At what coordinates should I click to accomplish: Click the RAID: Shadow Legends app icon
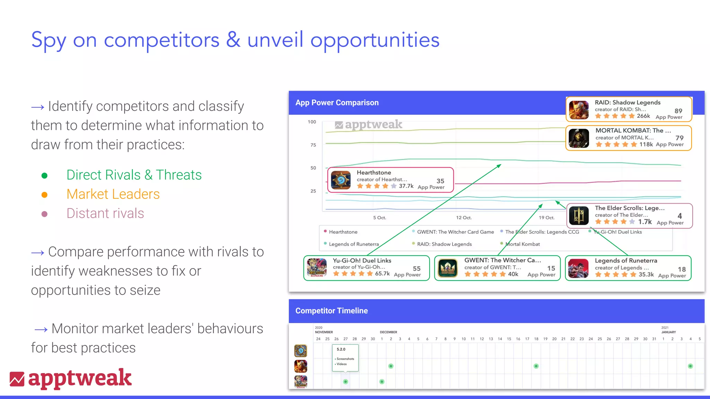(579, 110)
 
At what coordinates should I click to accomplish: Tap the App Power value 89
(678, 111)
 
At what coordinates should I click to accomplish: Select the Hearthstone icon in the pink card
(340, 180)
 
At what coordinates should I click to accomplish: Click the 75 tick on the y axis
(313, 145)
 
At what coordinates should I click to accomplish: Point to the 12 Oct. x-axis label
(464, 218)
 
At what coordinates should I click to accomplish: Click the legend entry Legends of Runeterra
(354, 244)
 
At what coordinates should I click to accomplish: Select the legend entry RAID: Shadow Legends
(444, 244)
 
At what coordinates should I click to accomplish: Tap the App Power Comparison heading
(337, 103)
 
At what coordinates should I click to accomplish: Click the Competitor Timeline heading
(331, 311)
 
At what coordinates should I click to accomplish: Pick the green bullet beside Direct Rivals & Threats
(44, 176)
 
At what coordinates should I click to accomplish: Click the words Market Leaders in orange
(113, 194)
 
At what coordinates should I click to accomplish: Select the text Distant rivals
(105, 213)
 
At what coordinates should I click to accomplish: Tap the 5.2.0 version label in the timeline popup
(341, 349)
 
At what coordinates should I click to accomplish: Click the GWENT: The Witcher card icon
(448, 268)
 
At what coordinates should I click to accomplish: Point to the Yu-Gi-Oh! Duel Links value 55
(416, 268)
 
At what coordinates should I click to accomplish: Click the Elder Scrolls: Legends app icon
(579, 216)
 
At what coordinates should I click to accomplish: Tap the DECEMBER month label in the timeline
(388, 332)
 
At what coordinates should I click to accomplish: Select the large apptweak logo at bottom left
(71, 378)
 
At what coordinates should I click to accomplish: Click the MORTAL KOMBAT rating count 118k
(646, 144)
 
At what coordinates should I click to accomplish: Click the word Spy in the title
(49, 40)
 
